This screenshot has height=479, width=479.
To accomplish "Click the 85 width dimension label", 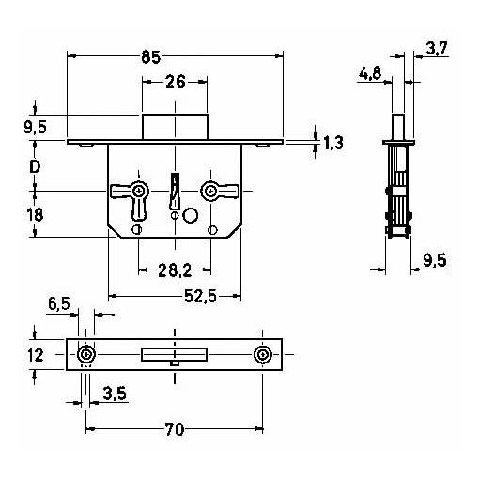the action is pyautogui.click(x=150, y=57).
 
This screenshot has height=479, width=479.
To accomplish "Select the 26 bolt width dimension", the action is pyautogui.click(x=176, y=82).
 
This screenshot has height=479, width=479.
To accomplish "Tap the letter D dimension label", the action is pyautogui.click(x=35, y=167).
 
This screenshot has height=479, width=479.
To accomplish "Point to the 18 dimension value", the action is pyautogui.click(x=35, y=215).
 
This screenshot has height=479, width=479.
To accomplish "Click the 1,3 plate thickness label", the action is pyautogui.click(x=332, y=143).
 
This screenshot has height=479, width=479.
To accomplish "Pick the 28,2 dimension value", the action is pyautogui.click(x=175, y=270).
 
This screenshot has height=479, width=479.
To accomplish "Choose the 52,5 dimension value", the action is pyautogui.click(x=200, y=296).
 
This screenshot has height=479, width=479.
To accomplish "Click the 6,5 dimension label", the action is pyautogui.click(x=59, y=303).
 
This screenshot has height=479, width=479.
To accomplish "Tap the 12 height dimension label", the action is pyautogui.click(x=36, y=355).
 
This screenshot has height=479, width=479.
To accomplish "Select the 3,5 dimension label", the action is pyautogui.click(x=115, y=394).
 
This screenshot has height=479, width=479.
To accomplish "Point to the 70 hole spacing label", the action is pyautogui.click(x=175, y=429).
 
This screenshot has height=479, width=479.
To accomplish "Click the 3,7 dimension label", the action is pyautogui.click(x=438, y=49).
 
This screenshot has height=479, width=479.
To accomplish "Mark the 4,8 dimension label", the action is pyautogui.click(x=370, y=74).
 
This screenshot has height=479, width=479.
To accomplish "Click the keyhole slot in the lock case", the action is pyautogui.click(x=175, y=192).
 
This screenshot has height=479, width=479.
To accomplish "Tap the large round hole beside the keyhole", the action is pyautogui.click(x=190, y=215).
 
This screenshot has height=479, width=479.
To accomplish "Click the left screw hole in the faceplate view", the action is pyautogui.click(x=86, y=355).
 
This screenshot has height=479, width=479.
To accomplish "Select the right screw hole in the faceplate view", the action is pyautogui.click(x=262, y=355).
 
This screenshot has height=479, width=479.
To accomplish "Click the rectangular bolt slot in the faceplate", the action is pyautogui.click(x=175, y=355).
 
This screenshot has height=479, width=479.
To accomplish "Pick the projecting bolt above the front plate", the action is pyautogui.click(x=176, y=127).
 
